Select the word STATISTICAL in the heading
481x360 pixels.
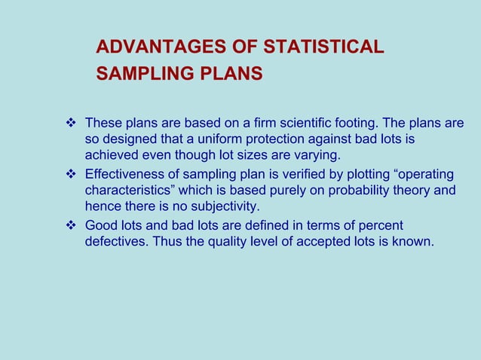point(323,47)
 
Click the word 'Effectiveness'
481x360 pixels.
point(125,174)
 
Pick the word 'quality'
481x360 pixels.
point(207,242)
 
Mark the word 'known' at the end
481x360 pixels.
point(415,242)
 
